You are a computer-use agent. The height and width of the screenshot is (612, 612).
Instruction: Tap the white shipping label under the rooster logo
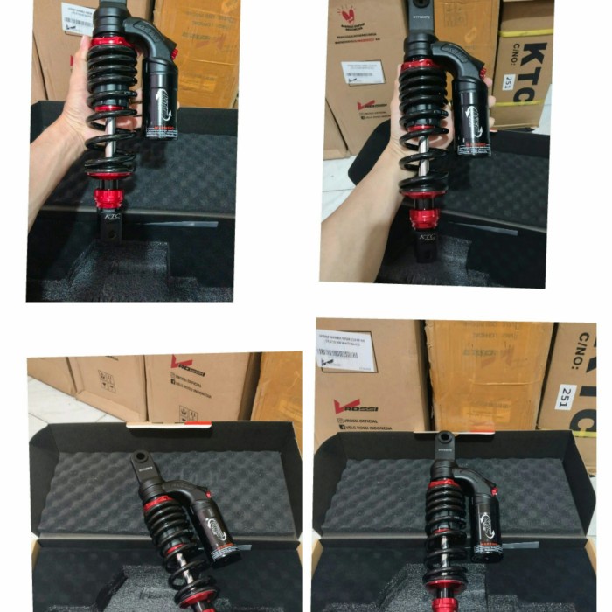pos(363,73)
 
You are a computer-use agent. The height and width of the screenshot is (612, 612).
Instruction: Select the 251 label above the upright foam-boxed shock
pos(568,394)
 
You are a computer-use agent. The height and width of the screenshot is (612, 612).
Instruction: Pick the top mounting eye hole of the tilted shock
pos(140,459)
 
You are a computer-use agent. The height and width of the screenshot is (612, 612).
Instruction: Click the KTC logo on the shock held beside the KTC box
pos(427,236)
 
